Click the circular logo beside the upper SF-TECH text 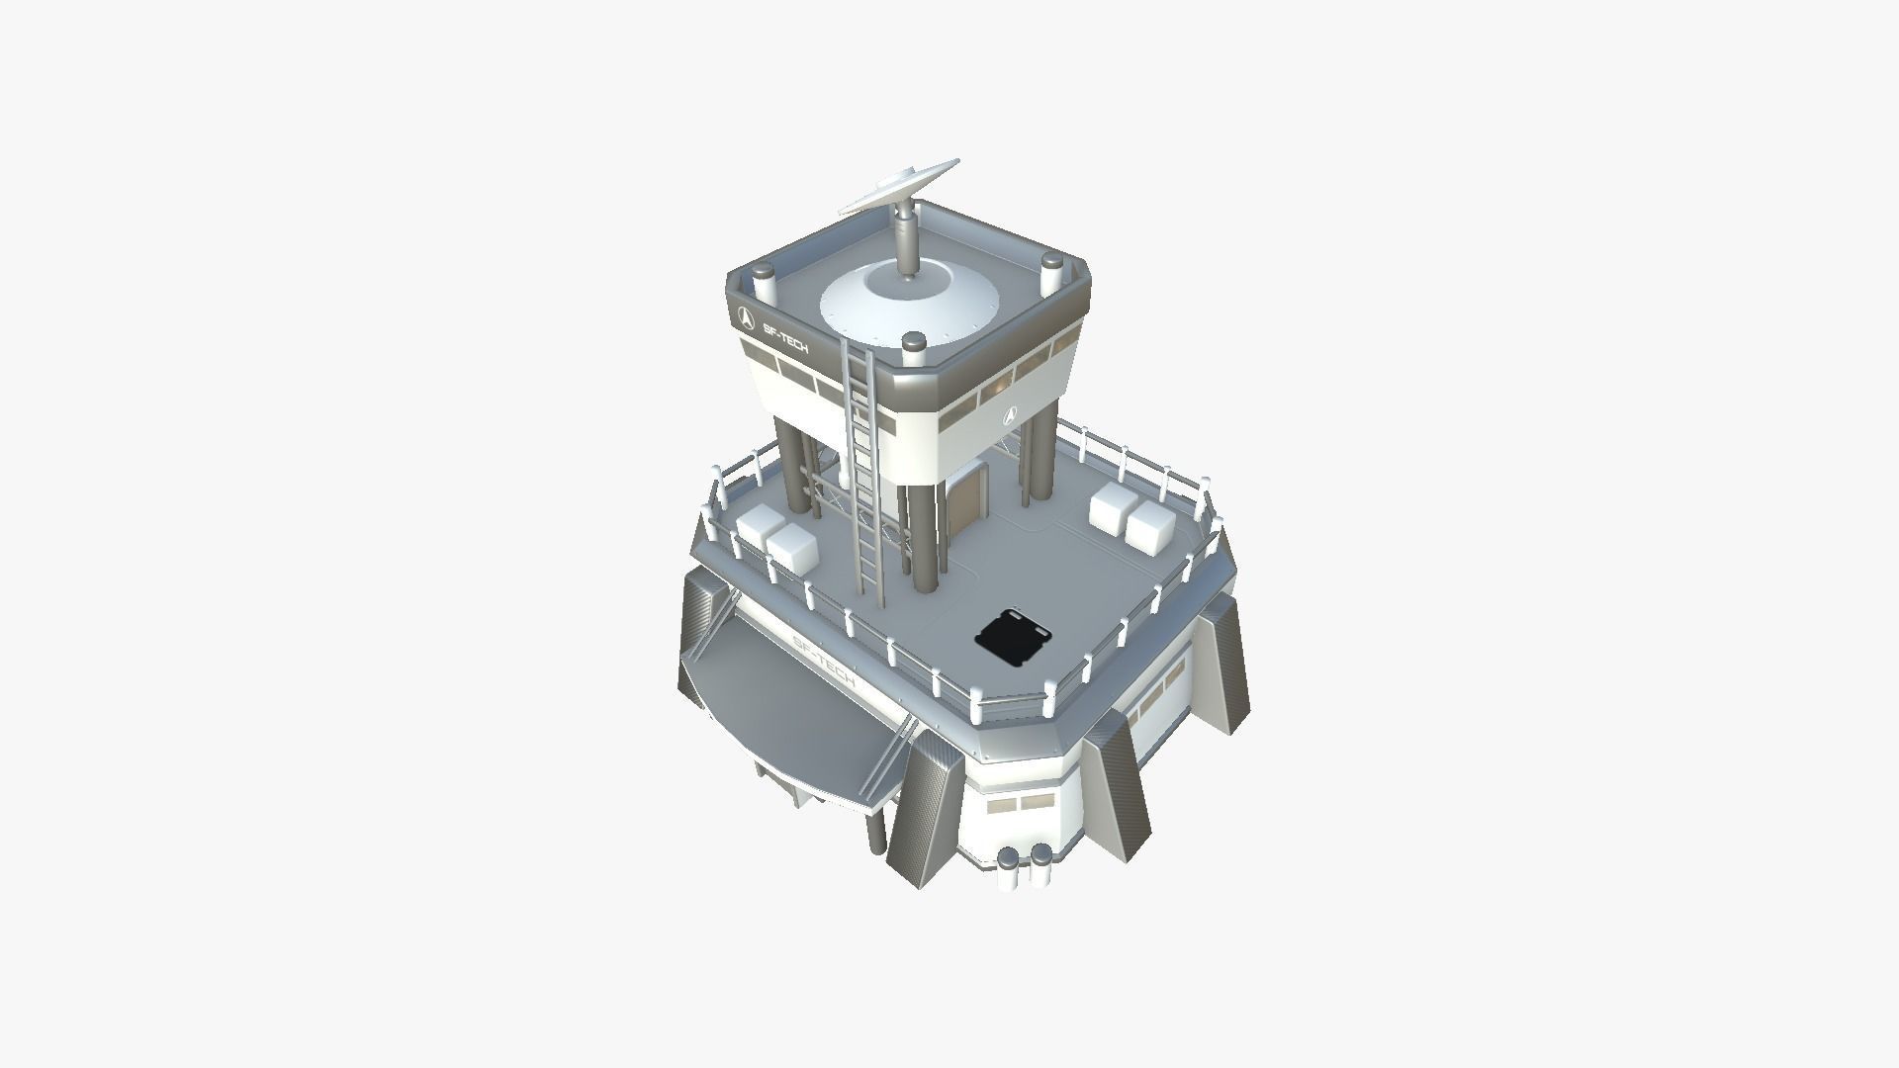[x=747, y=319]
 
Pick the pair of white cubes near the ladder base [x=775, y=539]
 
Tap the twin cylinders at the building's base [x=1025, y=867]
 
